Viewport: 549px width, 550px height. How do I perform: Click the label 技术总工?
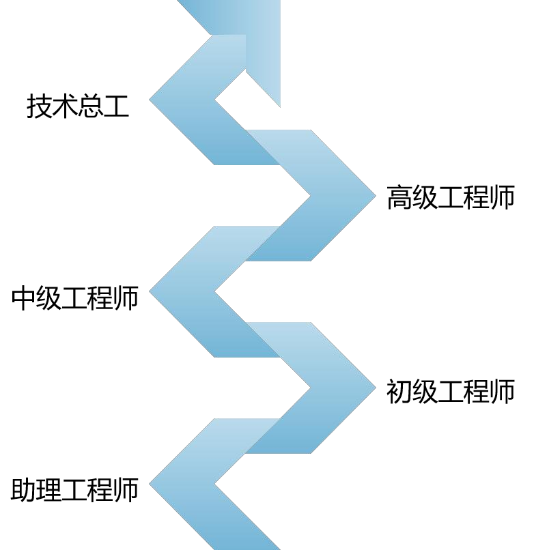pos(78,106)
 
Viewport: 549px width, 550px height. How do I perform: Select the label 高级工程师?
pos(450,197)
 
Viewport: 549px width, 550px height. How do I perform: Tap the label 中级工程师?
pos(75,298)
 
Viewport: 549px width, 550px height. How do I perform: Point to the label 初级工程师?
pos(450,392)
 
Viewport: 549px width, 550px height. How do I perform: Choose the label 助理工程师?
pos(75,490)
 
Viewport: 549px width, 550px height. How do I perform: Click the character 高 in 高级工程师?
pos(399,197)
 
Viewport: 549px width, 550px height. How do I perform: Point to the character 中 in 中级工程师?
pos(24,298)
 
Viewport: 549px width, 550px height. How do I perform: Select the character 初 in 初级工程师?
pos(399,392)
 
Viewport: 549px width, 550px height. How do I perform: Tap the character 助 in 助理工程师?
pos(24,490)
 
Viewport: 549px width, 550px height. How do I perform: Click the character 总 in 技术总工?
pos(90,106)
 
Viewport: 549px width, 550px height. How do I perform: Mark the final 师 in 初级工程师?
pos(502,392)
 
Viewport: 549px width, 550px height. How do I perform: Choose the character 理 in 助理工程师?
pos(49,490)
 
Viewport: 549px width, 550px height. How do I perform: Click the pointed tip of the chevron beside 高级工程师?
pos(374,196)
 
